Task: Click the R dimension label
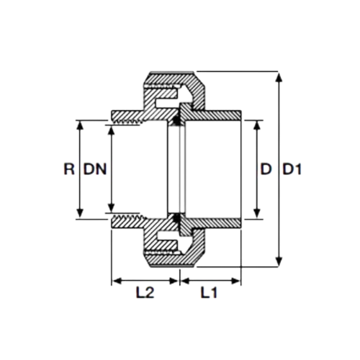[69, 169]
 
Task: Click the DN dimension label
[95, 169]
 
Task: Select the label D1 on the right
[292, 169]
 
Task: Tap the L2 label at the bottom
[145, 292]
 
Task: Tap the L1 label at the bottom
[209, 292]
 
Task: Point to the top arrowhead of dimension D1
[279, 77]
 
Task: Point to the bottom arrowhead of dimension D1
[279, 261]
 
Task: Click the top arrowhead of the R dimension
[81, 125]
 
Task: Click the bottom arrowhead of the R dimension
[81, 213]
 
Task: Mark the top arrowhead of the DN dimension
[111, 130]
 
